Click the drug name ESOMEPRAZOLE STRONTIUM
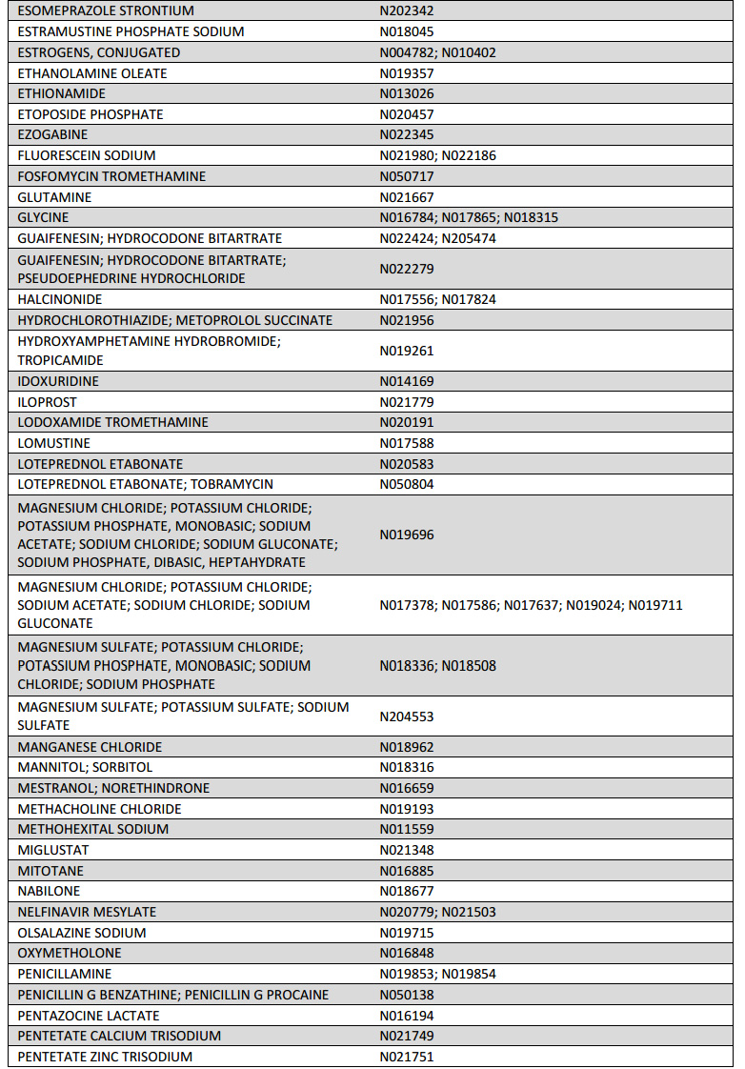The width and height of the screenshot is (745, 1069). pos(106,10)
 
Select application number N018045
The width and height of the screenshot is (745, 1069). pos(407,31)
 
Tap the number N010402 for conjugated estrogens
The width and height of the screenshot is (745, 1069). pos(469,52)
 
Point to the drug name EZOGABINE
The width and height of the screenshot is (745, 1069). pos(52,134)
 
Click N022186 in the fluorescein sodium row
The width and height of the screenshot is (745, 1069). pos(469,155)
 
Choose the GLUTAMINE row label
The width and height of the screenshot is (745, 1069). pos(54,197)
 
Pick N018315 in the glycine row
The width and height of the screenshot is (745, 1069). pos(531,217)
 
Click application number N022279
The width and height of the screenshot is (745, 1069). pos(407,269)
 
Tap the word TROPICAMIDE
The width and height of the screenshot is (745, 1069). pos(60,360)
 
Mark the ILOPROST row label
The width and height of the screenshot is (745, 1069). pos(48,402)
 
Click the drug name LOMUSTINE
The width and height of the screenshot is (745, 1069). pos(54,443)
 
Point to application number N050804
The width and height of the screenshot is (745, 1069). pos(407,484)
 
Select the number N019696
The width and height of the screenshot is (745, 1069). pos(407,534)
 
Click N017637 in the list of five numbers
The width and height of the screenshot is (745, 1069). pos(531,605)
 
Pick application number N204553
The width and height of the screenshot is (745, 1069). pos(407,716)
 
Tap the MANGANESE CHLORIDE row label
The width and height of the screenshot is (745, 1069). pos(90,747)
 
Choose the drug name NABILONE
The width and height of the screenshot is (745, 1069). pos(49,891)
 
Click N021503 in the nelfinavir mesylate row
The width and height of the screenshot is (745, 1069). pos(469,912)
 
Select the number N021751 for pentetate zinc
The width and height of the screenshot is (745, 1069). pos(407,1057)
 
